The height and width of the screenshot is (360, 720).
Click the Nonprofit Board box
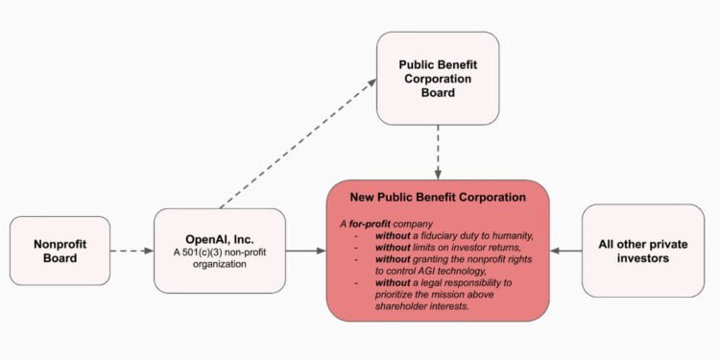click(x=60, y=251)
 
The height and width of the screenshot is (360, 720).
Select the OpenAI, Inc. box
click(x=220, y=251)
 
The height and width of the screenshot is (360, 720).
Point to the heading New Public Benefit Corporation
click(x=437, y=197)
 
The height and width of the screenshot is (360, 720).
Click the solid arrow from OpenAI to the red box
click(x=305, y=252)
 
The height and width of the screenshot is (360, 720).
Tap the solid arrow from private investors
click(x=565, y=252)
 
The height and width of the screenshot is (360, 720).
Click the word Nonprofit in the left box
click(x=60, y=243)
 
